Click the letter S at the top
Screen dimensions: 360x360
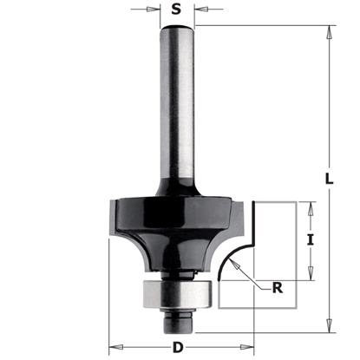point(178,11)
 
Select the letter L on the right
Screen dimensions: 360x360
point(330,179)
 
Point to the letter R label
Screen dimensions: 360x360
point(277,290)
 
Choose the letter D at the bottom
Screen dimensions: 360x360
point(177,348)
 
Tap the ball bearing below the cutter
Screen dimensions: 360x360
point(178,292)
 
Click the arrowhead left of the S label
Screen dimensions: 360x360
point(157,12)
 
